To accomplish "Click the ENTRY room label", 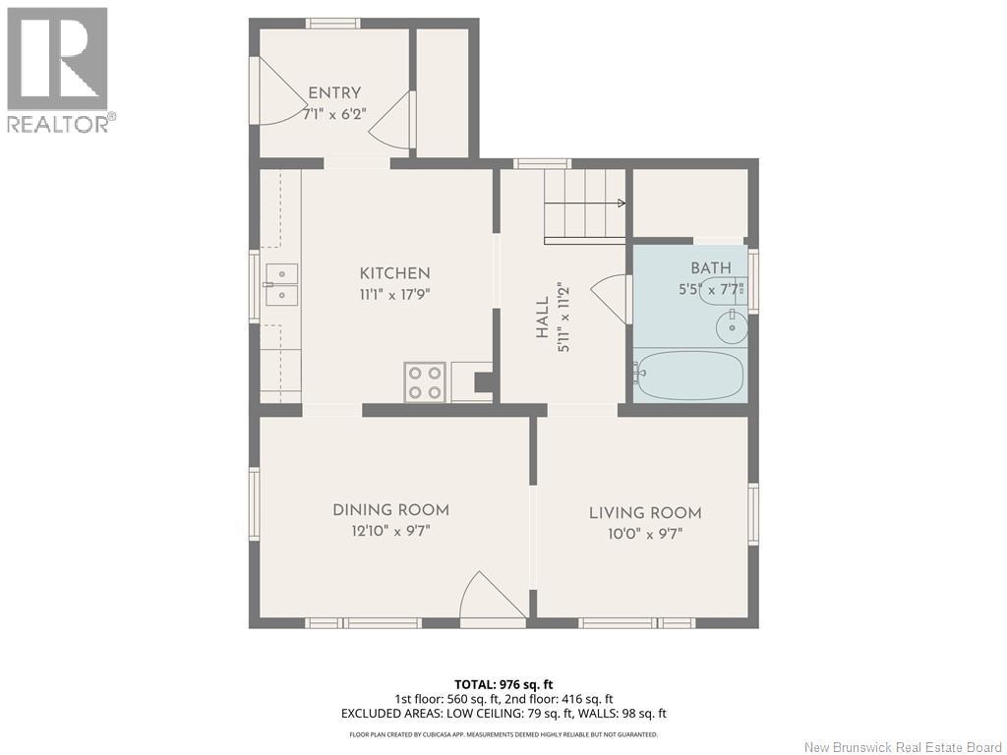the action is pyautogui.click(x=334, y=93).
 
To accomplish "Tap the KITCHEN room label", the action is pyautogui.click(x=395, y=273).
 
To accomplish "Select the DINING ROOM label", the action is pyautogui.click(x=390, y=510).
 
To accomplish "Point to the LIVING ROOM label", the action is pyautogui.click(x=645, y=513).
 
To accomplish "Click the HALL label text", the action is pyautogui.click(x=543, y=318).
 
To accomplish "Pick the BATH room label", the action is pyautogui.click(x=711, y=267).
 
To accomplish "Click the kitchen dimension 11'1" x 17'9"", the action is pyautogui.click(x=394, y=295).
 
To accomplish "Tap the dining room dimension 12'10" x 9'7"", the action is pyautogui.click(x=390, y=531).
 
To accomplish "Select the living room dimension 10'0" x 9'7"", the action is pyautogui.click(x=645, y=534).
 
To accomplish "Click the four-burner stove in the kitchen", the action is pyautogui.click(x=425, y=382).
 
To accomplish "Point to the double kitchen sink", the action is pyautogui.click(x=281, y=284).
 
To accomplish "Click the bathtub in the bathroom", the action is pyautogui.click(x=689, y=375).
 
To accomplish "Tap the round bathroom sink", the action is pyautogui.click(x=732, y=326).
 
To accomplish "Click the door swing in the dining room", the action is pyautogui.click(x=493, y=595).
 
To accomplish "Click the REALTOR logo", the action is pyautogui.click(x=58, y=70).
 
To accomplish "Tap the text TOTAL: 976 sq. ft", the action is pyautogui.click(x=503, y=684).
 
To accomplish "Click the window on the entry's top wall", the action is pyautogui.click(x=332, y=24).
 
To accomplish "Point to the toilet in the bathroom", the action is pyautogui.click(x=724, y=289).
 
